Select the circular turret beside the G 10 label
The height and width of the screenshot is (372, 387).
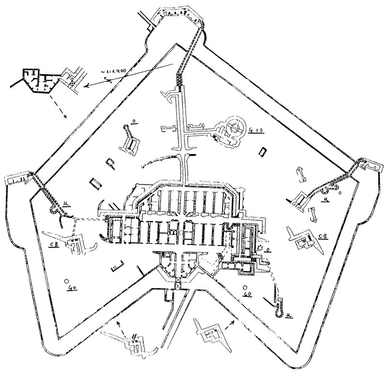pos(237,127)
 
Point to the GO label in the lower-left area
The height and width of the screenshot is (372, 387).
pos(73,287)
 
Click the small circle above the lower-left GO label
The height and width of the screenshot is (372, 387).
pos(64,280)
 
